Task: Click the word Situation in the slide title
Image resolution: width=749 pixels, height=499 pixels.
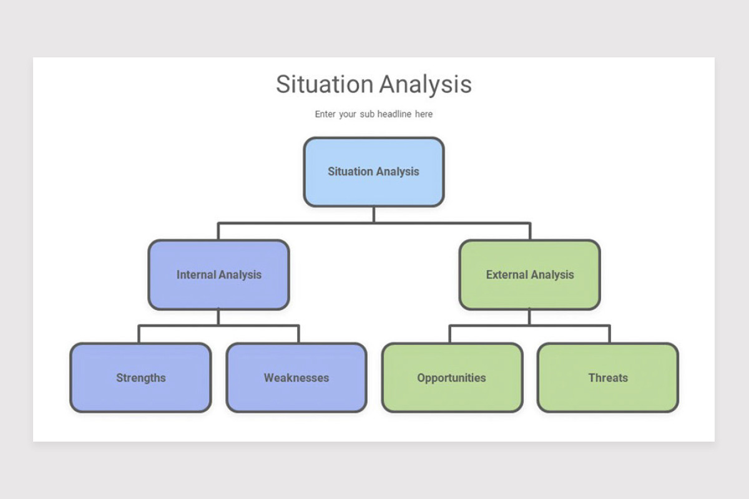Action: click(x=324, y=84)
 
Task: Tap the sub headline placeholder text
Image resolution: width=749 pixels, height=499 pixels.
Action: click(x=373, y=114)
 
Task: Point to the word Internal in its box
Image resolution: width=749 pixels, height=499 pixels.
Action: click(x=195, y=274)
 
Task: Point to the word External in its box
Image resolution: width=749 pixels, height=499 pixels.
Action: click(x=506, y=274)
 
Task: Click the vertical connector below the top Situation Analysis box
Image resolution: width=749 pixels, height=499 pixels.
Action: click(x=373, y=215)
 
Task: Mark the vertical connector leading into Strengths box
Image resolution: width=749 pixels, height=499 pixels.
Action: click(x=139, y=334)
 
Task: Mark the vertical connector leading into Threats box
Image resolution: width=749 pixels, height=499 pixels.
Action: click(x=609, y=334)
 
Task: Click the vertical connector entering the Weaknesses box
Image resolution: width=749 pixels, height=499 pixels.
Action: click(x=298, y=334)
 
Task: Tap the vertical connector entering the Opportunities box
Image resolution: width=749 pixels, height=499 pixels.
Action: click(x=450, y=334)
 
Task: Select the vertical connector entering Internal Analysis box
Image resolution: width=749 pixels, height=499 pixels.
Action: click(x=218, y=231)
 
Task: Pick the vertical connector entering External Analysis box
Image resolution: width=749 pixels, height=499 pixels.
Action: click(x=530, y=231)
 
